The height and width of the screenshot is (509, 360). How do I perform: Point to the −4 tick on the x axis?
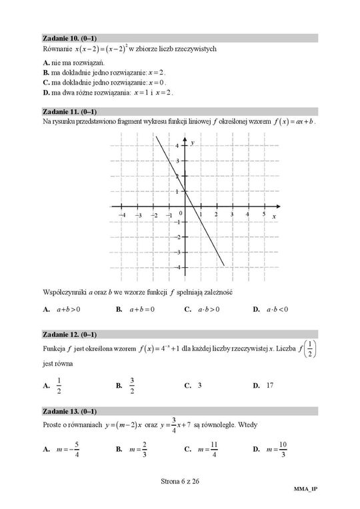121,215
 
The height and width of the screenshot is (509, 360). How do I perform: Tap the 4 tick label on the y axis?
177,145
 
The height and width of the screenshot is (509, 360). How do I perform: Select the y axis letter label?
192,143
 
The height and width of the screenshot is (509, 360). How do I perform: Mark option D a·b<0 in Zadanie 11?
271,309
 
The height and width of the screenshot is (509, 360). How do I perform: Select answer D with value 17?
264,385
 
